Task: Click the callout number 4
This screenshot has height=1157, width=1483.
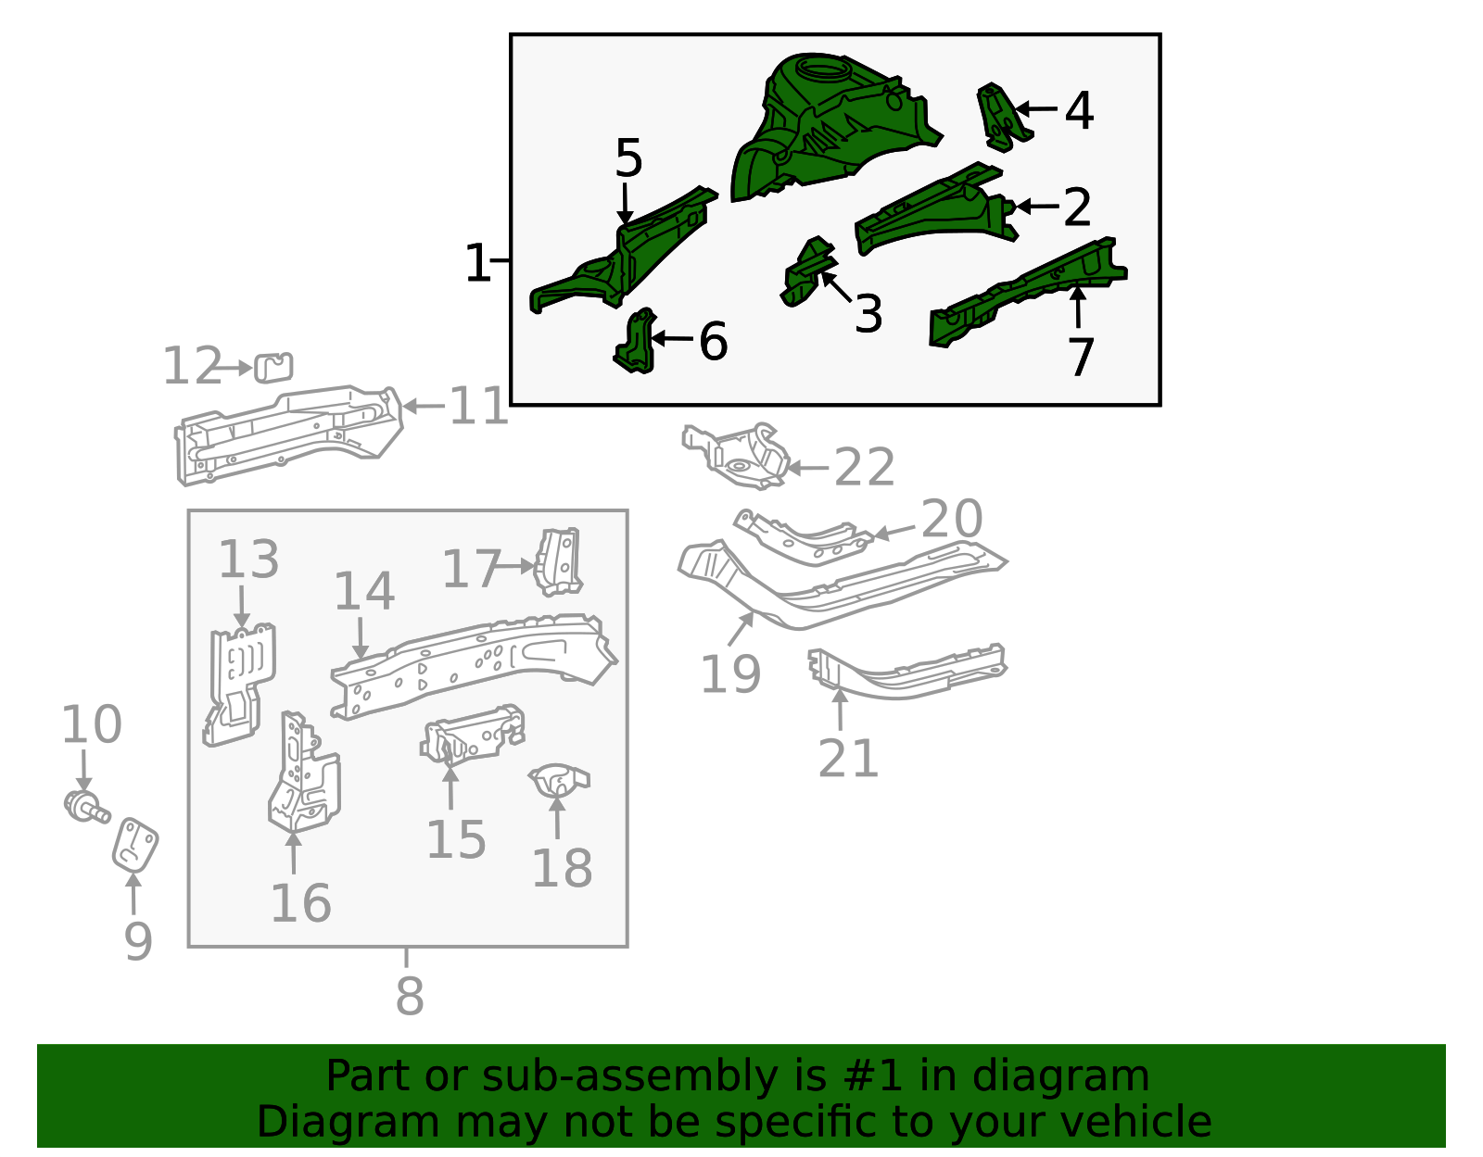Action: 1079,110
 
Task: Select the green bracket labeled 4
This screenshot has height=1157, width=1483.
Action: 1002,118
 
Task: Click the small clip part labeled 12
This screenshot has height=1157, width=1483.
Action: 273,368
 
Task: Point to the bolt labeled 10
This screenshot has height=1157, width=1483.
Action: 85,807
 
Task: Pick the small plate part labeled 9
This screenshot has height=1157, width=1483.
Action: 135,846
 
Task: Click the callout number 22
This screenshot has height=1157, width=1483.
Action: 864,468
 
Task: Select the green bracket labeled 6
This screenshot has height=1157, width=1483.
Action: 636,341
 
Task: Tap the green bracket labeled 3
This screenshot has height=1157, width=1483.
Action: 808,270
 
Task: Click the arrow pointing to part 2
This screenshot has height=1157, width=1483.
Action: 1037,206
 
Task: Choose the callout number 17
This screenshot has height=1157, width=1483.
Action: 472,569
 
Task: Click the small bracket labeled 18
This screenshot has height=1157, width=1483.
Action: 559,780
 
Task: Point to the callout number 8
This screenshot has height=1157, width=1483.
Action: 410,996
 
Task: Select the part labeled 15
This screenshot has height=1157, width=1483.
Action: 473,735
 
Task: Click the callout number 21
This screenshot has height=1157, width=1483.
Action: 848,758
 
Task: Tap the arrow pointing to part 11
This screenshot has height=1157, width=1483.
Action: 424,407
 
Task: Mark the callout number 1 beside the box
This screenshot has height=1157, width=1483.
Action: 477,263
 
